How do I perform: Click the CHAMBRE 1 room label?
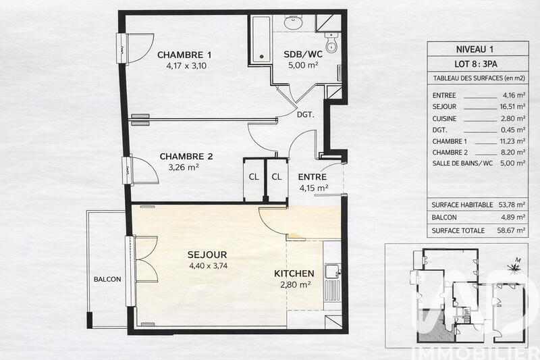click(x=184, y=55)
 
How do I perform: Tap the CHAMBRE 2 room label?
click(x=186, y=157)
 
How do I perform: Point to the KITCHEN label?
click(x=294, y=274)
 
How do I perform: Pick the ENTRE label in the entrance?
click(x=313, y=177)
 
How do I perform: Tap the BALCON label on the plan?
click(x=107, y=279)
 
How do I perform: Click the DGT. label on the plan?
click(x=306, y=115)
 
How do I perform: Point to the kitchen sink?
click(x=331, y=272)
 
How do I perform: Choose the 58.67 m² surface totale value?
click(x=508, y=230)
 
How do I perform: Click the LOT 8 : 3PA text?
click(x=477, y=64)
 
